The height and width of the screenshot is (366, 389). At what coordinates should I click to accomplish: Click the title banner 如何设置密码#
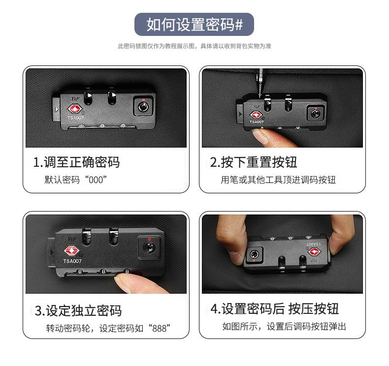pos(194,24)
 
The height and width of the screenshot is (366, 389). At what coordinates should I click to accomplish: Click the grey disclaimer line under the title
pos(194,46)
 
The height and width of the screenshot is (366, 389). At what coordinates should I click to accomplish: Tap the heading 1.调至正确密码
pos(76,162)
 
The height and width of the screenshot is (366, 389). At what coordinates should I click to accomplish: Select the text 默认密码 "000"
pos(76,180)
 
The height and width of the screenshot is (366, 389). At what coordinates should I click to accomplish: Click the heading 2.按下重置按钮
pos(254,162)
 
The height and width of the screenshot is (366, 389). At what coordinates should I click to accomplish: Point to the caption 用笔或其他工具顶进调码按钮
pos(278,180)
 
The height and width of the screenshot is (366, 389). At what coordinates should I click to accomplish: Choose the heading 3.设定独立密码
pos(78,310)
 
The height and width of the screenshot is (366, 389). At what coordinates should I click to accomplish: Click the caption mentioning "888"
pos(108,328)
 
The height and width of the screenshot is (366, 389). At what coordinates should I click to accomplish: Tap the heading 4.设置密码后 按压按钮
pos(275,309)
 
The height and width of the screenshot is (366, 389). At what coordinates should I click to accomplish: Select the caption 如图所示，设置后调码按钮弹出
pos(284,326)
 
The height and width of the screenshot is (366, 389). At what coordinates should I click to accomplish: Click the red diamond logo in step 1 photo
pos(75,109)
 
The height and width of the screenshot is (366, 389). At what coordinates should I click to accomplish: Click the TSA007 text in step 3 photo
pos(72,261)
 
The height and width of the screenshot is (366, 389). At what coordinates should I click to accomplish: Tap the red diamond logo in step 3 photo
pos(72,250)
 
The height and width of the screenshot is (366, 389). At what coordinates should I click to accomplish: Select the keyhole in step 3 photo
pos(149,247)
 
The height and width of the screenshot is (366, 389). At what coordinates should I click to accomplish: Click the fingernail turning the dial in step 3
pos(121,281)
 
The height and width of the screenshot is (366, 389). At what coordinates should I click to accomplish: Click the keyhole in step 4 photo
pos(254,254)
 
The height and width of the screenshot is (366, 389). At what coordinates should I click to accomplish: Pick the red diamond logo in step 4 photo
pos(314,252)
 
